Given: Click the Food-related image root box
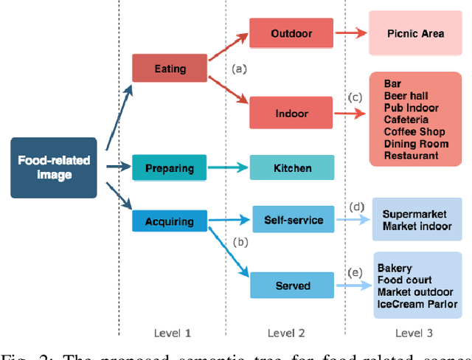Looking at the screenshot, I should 53,167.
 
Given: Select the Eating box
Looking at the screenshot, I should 170,69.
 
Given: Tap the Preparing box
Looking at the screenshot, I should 170,167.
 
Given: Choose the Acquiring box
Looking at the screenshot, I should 170,221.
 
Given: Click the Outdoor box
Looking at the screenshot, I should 291,34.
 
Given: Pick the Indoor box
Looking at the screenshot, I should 291,114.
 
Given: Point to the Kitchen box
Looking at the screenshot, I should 291,168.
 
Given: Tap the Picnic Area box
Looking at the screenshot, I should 416,34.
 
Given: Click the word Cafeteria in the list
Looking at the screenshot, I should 406,120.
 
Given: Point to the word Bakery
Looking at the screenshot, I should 395,268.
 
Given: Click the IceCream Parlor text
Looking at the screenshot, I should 417,304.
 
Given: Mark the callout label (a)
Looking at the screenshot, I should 238,69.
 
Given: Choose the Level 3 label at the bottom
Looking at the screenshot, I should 414,333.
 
